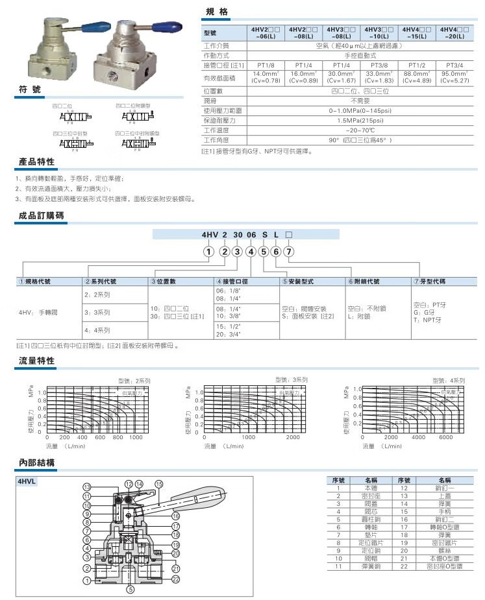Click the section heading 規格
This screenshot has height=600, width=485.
click(218, 12)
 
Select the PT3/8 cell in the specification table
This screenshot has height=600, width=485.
click(379, 65)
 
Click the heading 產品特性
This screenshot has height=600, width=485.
click(36, 162)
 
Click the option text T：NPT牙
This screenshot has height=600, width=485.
click(429, 320)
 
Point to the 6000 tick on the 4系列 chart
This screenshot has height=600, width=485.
click(445, 437)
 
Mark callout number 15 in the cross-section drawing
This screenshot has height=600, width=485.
click(158, 484)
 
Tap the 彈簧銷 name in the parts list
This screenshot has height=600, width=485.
click(371, 567)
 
